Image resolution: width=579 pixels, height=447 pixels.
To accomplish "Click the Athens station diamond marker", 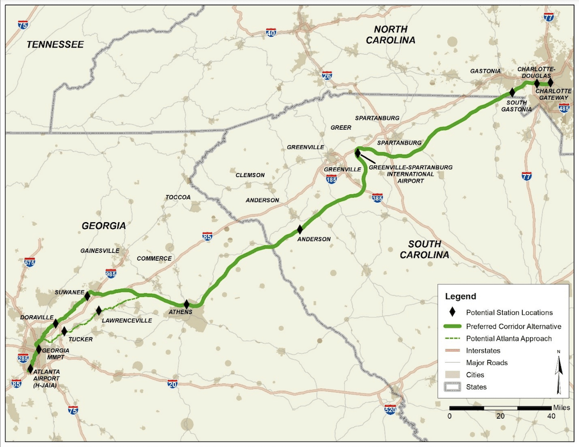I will click(186, 304).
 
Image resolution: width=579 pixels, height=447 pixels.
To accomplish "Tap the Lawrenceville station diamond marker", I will click(99, 311).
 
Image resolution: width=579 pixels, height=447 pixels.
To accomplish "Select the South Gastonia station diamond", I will click(512, 92).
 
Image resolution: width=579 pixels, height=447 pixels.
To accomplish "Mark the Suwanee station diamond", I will click(87, 296).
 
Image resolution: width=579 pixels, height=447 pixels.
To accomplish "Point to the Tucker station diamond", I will click(64, 331).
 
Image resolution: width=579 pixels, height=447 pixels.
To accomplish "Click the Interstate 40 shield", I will click(271, 33).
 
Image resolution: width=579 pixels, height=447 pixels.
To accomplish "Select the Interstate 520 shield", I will click(390, 410).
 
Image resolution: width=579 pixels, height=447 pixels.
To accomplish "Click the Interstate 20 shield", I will click(172, 384).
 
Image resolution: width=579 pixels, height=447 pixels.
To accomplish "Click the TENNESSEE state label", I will click(55, 45).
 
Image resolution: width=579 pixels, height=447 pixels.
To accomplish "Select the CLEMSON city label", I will click(250, 175).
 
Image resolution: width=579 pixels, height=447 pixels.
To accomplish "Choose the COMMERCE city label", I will click(154, 259).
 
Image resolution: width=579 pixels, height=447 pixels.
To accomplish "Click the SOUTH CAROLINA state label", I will click(424, 249).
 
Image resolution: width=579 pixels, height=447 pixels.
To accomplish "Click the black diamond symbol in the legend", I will click(452, 313).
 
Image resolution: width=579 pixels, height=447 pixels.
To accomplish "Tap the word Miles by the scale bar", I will click(561, 408).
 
